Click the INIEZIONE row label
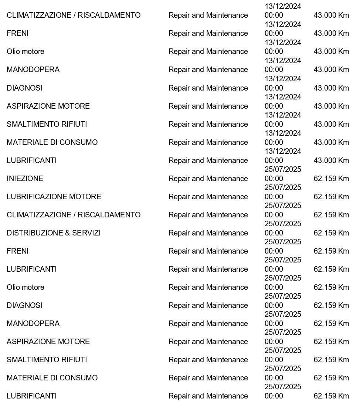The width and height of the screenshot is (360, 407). tap(25, 179)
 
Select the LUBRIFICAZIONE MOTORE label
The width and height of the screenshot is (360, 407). tap(54, 197)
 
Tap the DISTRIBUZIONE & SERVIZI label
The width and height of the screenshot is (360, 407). tap(54, 233)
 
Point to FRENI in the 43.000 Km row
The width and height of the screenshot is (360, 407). tap(17, 33)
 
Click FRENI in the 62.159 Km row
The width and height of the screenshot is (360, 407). tap(17, 251)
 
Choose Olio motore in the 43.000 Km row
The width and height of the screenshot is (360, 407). tap(25, 51)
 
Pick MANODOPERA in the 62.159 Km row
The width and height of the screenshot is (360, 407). tap(33, 323)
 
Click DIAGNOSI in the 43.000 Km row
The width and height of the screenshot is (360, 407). tap(24, 88)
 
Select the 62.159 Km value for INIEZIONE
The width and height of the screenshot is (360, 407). tap(331, 179)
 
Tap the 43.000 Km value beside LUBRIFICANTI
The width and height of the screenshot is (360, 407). tap(331, 160)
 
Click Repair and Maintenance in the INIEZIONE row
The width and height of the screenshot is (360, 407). tap(208, 179)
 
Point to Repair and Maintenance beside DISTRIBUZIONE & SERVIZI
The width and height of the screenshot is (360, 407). tap(208, 233)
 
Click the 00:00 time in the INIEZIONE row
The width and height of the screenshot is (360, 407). tap(274, 179)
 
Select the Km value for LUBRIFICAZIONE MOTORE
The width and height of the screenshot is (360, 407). tap(331, 197)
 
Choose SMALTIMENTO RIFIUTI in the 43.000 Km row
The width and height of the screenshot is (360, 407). tap(47, 124)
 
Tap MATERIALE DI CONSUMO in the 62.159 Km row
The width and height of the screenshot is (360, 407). tap(52, 378)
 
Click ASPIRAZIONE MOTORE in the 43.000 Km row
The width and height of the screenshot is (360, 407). tap(48, 106)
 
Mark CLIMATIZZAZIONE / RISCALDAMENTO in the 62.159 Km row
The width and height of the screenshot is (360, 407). tap(74, 215)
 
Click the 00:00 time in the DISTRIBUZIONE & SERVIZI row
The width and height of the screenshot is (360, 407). tap(274, 233)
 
